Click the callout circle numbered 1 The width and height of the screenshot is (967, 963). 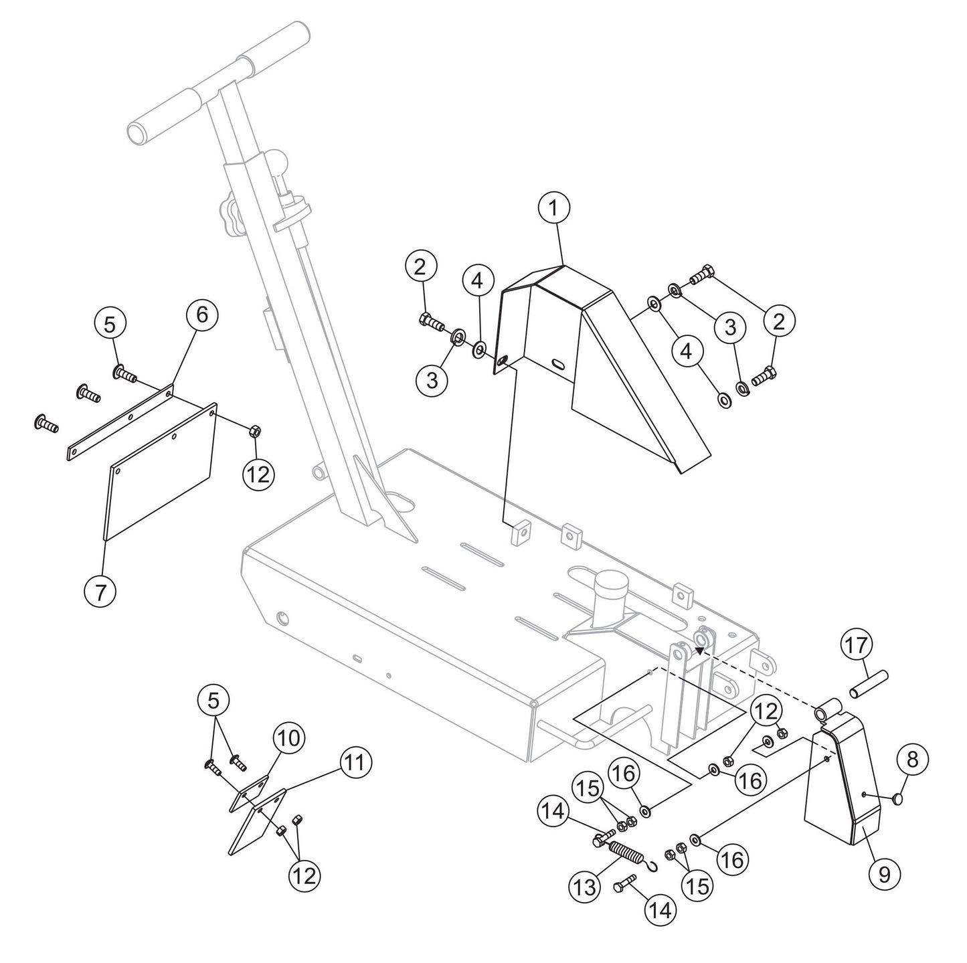point(554,208)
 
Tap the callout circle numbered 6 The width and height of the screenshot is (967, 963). point(201,315)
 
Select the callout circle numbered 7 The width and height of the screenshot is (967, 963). point(101,592)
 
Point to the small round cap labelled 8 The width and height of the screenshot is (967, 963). point(897,798)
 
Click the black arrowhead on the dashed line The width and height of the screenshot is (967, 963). point(699,648)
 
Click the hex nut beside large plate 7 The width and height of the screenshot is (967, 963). point(254,430)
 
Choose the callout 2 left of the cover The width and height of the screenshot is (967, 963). point(420,267)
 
